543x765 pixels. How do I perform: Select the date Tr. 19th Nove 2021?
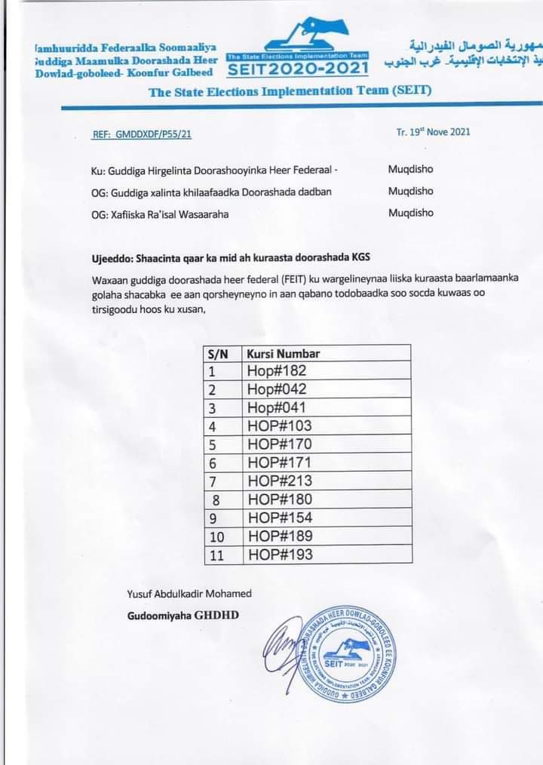pyautogui.click(x=433, y=131)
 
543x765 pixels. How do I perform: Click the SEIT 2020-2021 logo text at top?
pyautogui.click(x=299, y=69)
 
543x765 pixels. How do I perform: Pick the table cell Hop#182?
pyautogui.click(x=276, y=371)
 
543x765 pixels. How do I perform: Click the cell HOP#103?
pyautogui.click(x=279, y=426)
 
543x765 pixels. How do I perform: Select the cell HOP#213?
pyautogui.click(x=279, y=481)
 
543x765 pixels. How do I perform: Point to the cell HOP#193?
pyautogui.click(x=279, y=555)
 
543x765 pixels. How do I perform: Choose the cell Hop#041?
pyautogui.click(x=276, y=408)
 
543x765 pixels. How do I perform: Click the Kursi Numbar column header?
pyautogui.click(x=283, y=354)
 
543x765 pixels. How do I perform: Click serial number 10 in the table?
pyautogui.click(x=217, y=536)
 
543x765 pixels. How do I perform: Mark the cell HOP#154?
pyautogui.click(x=279, y=518)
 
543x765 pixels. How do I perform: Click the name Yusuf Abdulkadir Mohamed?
pyautogui.click(x=189, y=594)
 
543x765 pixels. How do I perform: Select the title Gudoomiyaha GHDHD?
pyautogui.click(x=183, y=616)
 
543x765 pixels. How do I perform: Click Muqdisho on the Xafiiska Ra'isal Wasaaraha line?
pyautogui.click(x=411, y=213)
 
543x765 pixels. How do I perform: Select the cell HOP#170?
pyautogui.click(x=279, y=444)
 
